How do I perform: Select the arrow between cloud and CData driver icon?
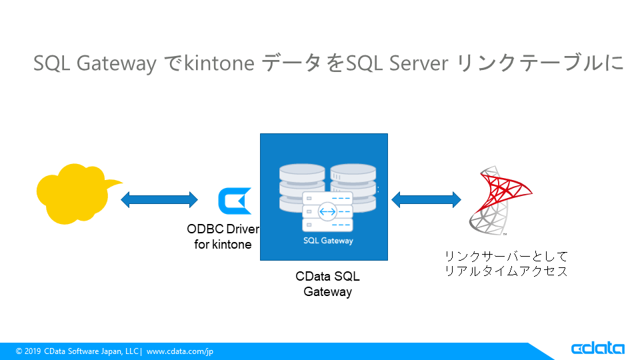click(x=159, y=199)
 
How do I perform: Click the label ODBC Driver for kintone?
click(x=223, y=237)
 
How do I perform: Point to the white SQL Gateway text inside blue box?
click(x=328, y=241)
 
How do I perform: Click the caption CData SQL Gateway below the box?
click(x=327, y=284)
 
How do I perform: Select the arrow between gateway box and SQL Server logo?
click(x=426, y=199)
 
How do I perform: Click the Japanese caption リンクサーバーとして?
click(x=507, y=256)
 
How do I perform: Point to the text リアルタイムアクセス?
click(x=507, y=271)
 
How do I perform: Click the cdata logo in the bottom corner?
click(x=597, y=349)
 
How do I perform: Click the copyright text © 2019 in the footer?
click(x=28, y=351)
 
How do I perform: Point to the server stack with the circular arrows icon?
click(x=327, y=212)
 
